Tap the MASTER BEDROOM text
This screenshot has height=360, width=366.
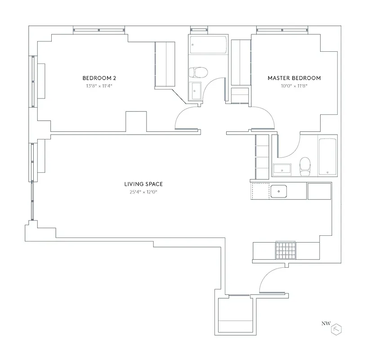(x=294, y=78)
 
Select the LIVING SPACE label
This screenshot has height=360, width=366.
(x=143, y=184)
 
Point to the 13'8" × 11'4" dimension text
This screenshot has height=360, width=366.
(x=96, y=85)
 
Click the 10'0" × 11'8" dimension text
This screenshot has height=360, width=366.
(x=294, y=85)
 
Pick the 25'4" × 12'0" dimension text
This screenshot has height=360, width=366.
(x=143, y=192)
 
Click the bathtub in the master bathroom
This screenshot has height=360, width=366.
(x=327, y=157)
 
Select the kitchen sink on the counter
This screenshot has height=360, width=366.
(x=279, y=191)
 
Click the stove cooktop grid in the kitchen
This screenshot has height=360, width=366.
(x=285, y=250)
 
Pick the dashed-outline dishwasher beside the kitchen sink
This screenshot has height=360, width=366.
(x=260, y=191)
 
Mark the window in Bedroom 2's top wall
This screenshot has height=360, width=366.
(x=99, y=31)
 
